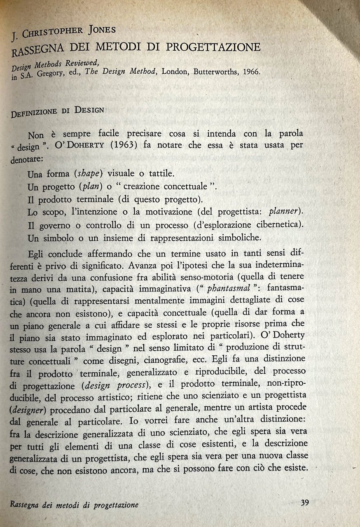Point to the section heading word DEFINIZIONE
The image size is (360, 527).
(33, 111)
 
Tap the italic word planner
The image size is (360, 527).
(285, 212)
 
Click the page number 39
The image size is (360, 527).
(305, 502)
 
